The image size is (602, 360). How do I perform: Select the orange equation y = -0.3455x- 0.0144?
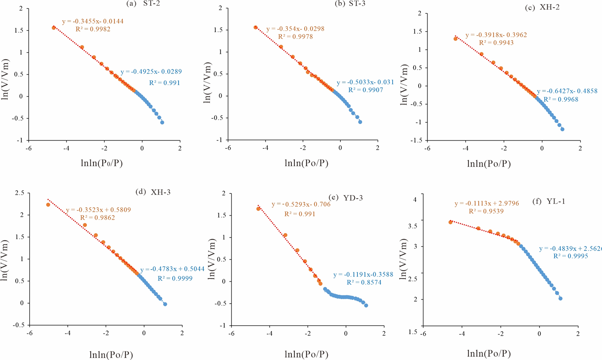pyautogui.click(x=92, y=21)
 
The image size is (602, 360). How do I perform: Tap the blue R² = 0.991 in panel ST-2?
pyautogui.click(x=164, y=83)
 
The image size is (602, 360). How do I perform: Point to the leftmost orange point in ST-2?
pyautogui.click(x=54, y=28)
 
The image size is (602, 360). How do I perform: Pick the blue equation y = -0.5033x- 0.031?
pyautogui.click(x=365, y=82)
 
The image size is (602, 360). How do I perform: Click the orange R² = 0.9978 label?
pyautogui.click(x=295, y=37)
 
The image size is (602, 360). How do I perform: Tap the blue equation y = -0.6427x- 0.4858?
pyautogui.click(x=567, y=91)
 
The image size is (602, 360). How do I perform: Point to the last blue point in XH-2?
pyautogui.click(x=562, y=129)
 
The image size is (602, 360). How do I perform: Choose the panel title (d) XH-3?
pyautogui.click(x=153, y=192)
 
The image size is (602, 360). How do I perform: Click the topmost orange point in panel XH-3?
pyautogui.click(x=48, y=205)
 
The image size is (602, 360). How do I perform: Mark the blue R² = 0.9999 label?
pyautogui.click(x=175, y=279)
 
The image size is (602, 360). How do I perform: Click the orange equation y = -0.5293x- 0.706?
pyautogui.click(x=301, y=204)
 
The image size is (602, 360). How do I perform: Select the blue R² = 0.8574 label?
pyautogui.click(x=364, y=283)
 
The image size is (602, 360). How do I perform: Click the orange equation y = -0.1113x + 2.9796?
pyautogui.click(x=486, y=204)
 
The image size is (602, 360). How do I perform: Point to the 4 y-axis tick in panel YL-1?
pyautogui.click(x=415, y=199)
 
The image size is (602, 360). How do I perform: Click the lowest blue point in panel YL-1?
pyautogui.click(x=560, y=298)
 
